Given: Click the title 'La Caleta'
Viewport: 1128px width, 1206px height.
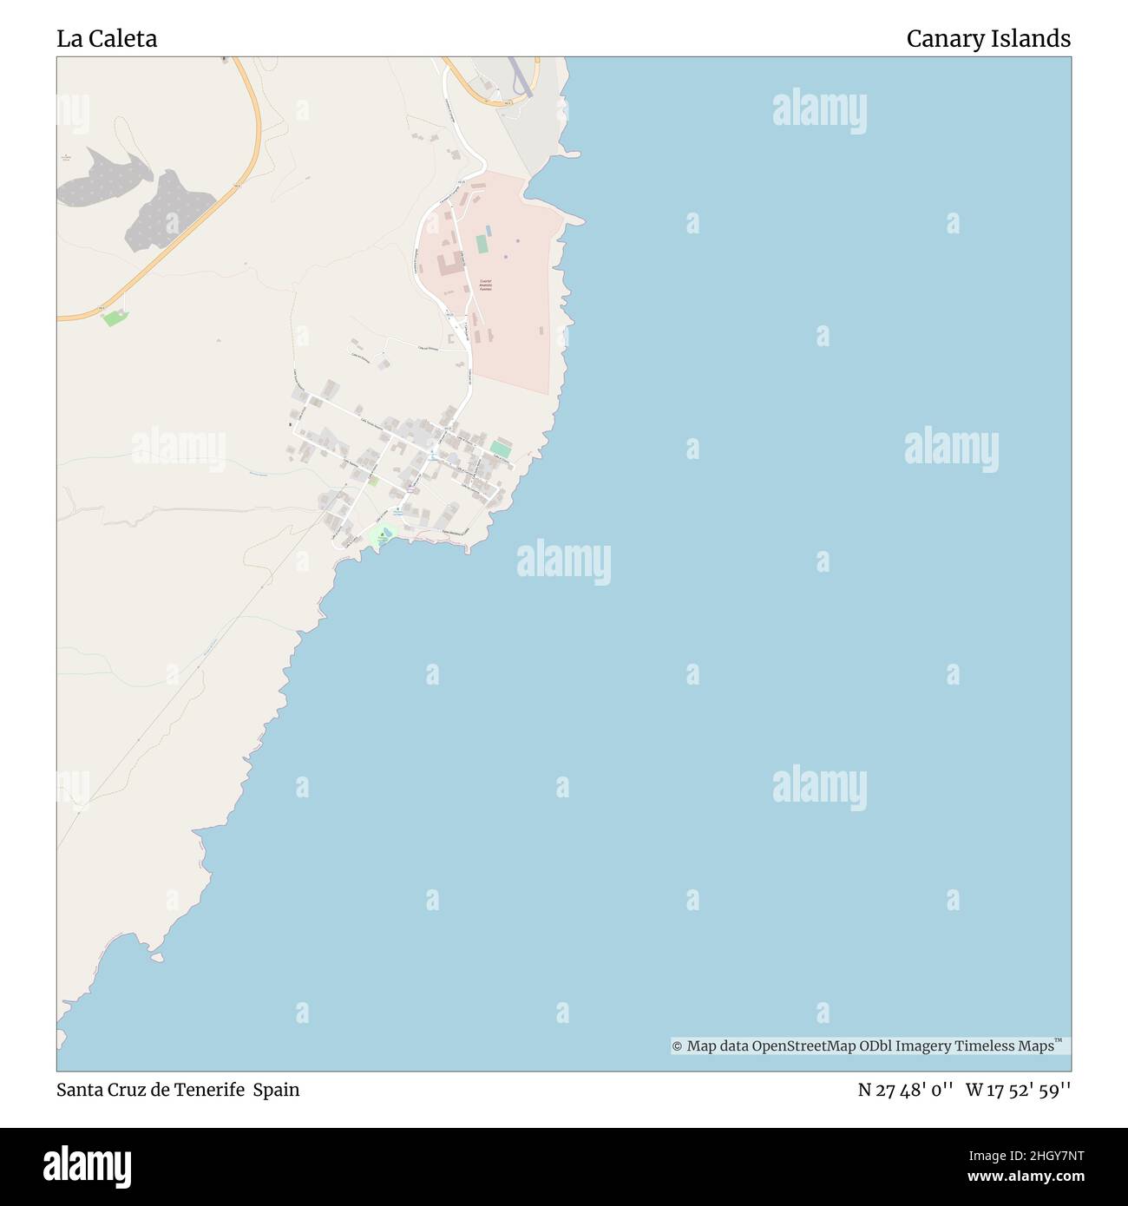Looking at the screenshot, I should tap(107, 39).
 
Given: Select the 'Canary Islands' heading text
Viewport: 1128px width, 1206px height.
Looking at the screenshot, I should tap(987, 39).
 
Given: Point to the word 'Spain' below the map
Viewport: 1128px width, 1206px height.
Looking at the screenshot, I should tap(276, 1090).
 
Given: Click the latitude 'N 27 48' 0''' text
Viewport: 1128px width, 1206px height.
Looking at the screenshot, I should tap(905, 1090).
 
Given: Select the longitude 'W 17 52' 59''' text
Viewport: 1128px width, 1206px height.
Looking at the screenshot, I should tap(1018, 1090).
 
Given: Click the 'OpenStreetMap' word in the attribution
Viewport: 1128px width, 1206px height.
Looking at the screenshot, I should tap(803, 1046).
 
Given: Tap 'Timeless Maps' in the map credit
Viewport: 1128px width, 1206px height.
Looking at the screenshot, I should tap(1004, 1046).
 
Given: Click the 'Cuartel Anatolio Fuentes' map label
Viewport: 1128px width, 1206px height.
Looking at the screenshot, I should tap(485, 285).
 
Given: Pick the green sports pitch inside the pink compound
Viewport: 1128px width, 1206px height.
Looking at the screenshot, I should tap(482, 244).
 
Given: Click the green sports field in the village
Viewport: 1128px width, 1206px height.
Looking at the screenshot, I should tap(501, 449).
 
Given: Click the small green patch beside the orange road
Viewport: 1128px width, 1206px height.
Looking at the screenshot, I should tap(113, 318).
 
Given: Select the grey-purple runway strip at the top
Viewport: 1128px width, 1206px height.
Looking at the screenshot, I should tap(518, 76).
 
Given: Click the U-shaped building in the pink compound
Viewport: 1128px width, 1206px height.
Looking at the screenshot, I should tap(449, 265).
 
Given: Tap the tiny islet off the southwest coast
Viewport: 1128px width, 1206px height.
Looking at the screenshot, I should tap(157, 958).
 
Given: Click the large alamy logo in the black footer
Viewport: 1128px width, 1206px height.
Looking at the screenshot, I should tap(87, 1167).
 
